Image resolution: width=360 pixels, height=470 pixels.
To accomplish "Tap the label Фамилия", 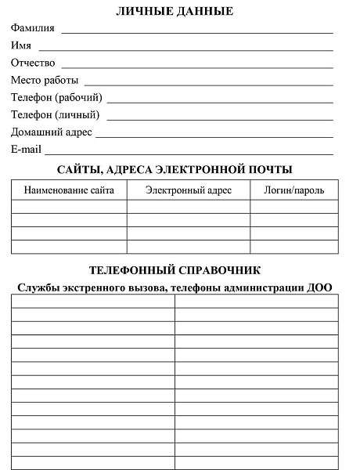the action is click(x=33, y=28).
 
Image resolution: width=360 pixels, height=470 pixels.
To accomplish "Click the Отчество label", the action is click(x=33, y=63).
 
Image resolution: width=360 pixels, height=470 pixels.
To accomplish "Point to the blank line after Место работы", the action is click(x=208, y=83).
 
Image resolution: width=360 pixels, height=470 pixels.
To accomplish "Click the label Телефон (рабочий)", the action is click(x=56, y=98).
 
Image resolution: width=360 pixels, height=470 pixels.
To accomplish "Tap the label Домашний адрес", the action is click(x=52, y=132).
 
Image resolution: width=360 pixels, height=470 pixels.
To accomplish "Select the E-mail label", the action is click(x=26, y=149).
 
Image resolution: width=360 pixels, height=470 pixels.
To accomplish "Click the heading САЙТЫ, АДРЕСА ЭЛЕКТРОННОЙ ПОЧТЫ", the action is click(x=175, y=169).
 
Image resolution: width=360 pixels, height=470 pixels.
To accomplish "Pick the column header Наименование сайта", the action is click(x=69, y=190).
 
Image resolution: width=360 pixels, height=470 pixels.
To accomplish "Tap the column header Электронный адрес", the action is click(x=189, y=190).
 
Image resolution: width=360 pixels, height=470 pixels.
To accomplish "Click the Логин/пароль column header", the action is click(x=294, y=190).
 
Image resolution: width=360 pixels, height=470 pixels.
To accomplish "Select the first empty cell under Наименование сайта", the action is click(x=69, y=207).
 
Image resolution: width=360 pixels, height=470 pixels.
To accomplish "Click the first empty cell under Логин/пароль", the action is click(x=294, y=207).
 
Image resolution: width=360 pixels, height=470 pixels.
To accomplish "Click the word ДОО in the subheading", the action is click(x=320, y=287).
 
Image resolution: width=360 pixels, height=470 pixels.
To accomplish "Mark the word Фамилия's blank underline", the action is click(x=197, y=31).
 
